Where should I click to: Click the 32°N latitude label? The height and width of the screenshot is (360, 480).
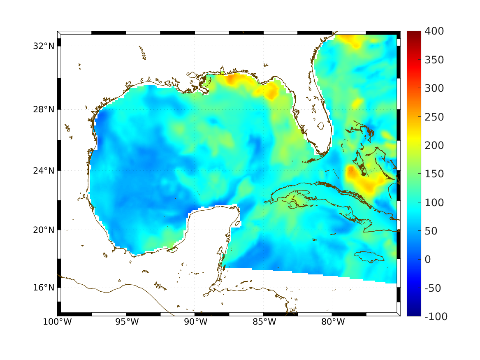[x=44, y=46]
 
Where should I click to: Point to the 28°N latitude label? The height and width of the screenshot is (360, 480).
[x=44, y=110]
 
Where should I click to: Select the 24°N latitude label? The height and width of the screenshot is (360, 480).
[x=44, y=170]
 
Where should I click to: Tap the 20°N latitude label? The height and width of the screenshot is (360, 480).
[x=44, y=230]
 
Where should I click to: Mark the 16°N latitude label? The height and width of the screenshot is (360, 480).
[x=44, y=288]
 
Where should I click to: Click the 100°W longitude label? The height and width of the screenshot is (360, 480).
[x=57, y=322]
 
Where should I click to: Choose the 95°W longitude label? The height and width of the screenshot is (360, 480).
[x=126, y=322]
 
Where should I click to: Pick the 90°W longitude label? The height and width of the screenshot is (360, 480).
[x=195, y=322]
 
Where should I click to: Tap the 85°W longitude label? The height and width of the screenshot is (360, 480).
[x=264, y=322]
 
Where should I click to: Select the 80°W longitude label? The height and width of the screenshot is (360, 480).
[x=332, y=322]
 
